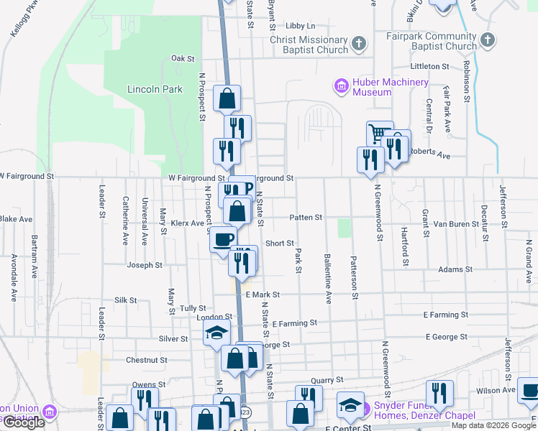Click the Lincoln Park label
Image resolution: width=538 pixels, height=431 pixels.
tap(155, 90)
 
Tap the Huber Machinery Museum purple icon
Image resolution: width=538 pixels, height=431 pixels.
tap(341, 87)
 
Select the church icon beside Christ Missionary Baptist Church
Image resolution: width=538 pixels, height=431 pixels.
tap(357, 45)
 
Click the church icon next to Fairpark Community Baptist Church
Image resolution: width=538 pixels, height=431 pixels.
tap(487, 41)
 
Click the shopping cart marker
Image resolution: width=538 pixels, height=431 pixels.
tap(379, 134)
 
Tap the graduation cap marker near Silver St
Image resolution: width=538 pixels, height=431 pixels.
tap(215, 333)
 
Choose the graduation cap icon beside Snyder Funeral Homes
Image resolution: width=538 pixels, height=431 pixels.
tap(350, 406)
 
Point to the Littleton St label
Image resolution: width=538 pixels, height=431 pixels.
tap(429, 66)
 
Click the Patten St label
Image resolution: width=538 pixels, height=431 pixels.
tap(306, 217)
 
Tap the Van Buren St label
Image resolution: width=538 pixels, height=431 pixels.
tap(455, 224)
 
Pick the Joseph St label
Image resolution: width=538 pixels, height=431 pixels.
tap(145, 265)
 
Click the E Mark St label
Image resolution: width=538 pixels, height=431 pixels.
tap(262, 295)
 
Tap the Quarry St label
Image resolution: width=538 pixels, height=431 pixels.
tap(324, 379)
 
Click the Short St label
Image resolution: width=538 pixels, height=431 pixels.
tap(280, 244)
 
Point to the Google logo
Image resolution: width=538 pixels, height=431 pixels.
tap(24, 422)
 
